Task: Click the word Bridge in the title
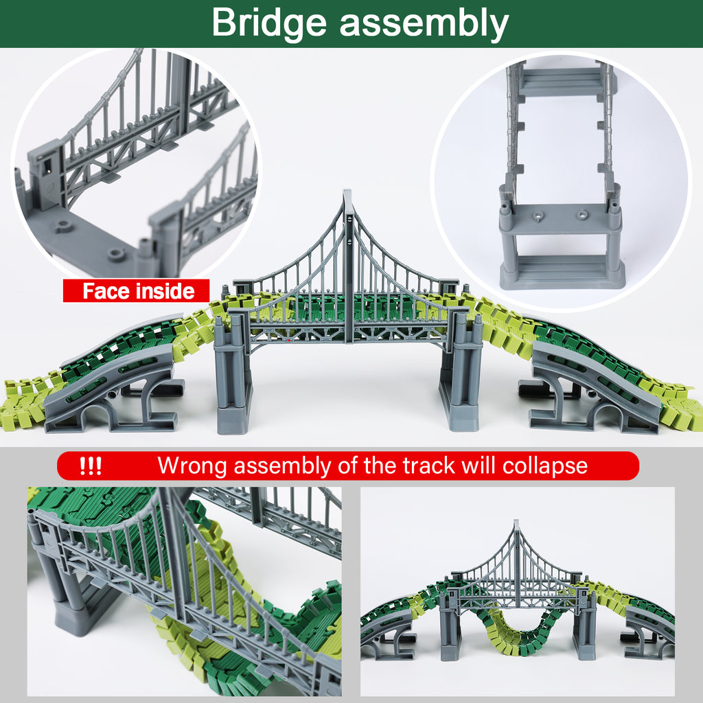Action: coord(269,23)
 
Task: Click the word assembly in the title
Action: coord(424,23)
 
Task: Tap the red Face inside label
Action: coord(136,290)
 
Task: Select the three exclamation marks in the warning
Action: coord(90,466)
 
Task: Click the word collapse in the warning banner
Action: coord(544,466)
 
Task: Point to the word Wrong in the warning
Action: coord(192,466)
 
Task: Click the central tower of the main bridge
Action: coord(348,267)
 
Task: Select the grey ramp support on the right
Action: coord(592,390)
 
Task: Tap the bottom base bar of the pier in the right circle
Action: coord(562,273)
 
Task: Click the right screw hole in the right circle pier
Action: coord(581,214)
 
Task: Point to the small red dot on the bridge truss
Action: coord(289,341)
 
